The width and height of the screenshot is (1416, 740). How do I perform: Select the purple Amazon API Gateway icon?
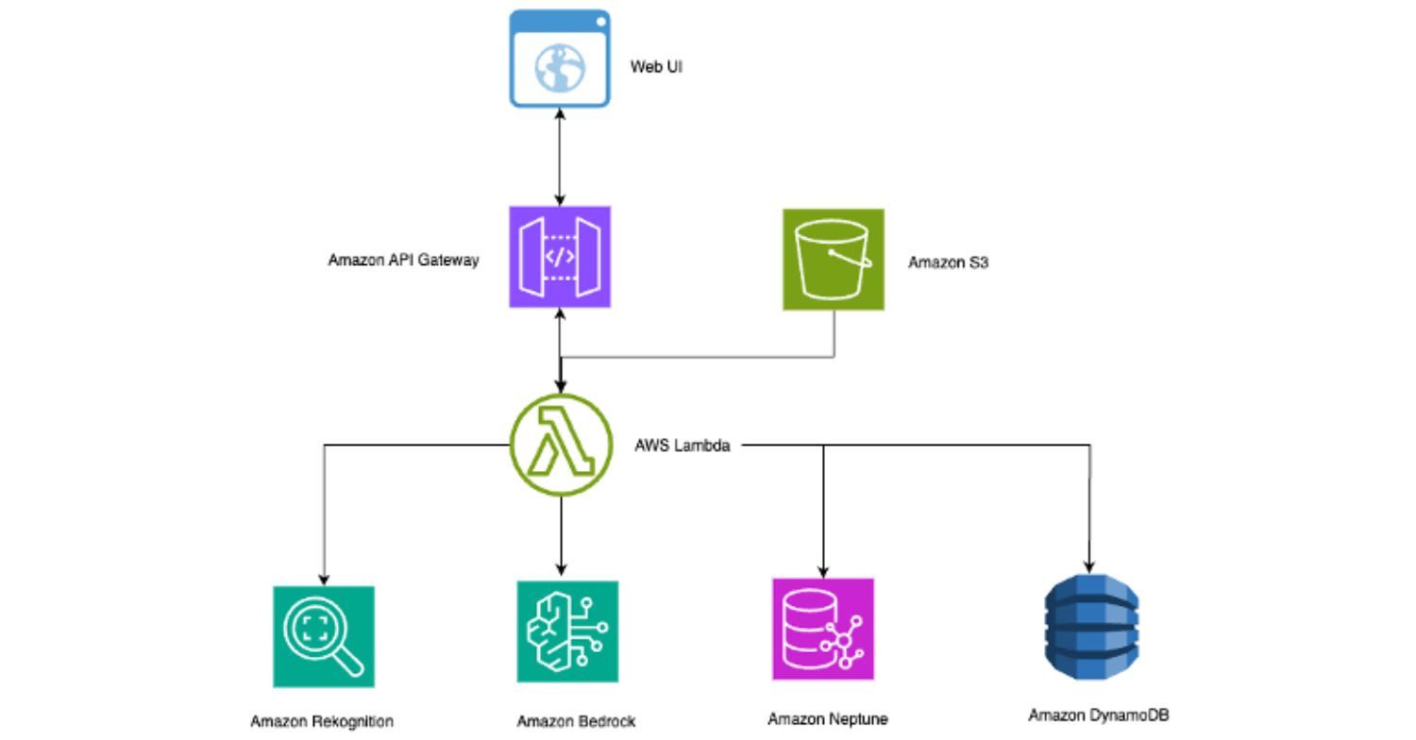coord(560,257)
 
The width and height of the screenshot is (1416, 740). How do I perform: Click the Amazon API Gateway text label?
coord(403,260)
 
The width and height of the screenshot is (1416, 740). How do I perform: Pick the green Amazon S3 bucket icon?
coord(834,260)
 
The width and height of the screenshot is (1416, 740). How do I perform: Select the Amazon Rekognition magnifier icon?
coord(324,636)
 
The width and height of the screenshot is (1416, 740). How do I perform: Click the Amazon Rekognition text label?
coord(321,721)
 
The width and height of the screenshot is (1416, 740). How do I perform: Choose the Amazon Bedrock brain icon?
coord(567,631)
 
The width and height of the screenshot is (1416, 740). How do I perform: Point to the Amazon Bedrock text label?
coord(576,721)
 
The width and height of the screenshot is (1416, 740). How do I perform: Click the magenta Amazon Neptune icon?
coord(823,629)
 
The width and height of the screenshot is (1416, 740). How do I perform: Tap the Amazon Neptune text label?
coord(828,719)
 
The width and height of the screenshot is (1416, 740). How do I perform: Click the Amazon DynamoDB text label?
coord(1091,715)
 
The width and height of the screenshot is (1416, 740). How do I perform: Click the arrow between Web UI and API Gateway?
coord(561,157)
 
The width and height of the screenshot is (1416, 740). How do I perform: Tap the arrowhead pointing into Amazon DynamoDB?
coord(1091,563)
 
